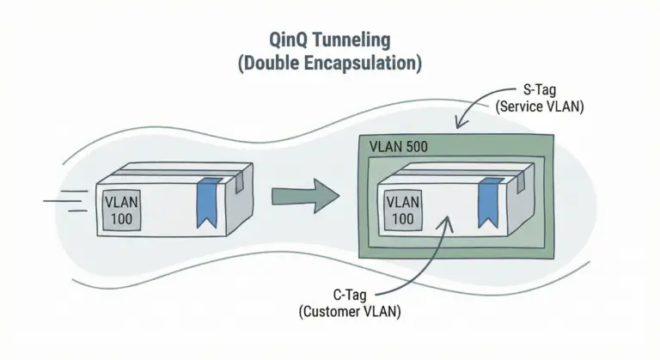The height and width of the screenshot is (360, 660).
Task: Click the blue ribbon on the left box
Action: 207,204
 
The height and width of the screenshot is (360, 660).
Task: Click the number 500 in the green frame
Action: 416,146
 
